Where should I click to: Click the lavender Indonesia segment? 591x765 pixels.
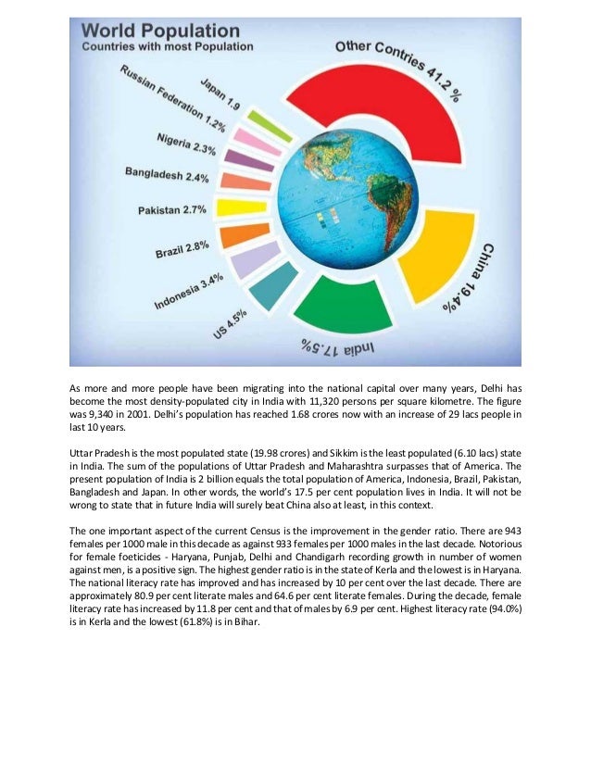point(248,260)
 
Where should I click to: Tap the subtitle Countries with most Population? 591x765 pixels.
point(168,46)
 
